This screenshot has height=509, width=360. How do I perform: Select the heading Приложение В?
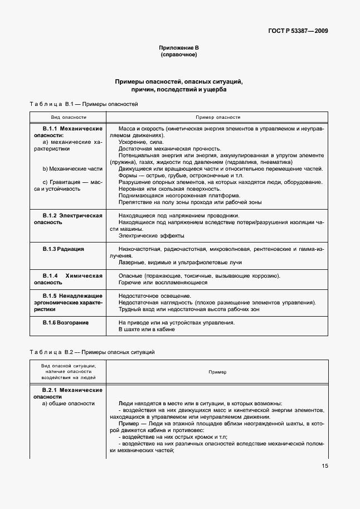(x=179, y=49)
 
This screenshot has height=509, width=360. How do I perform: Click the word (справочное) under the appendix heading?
(x=179, y=56)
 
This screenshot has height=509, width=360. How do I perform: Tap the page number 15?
(x=324, y=467)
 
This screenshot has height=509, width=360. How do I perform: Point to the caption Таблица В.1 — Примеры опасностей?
(x=83, y=104)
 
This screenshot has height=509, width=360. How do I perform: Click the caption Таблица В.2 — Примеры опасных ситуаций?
(x=91, y=352)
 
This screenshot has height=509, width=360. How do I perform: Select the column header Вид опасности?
(x=69, y=118)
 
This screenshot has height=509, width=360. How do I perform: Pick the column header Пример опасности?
(x=217, y=118)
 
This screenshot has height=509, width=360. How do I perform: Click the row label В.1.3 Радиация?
(x=63, y=249)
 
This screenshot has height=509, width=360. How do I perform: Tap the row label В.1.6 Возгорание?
(x=66, y=322)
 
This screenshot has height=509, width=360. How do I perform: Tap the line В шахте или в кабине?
(x=147, y=329)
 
